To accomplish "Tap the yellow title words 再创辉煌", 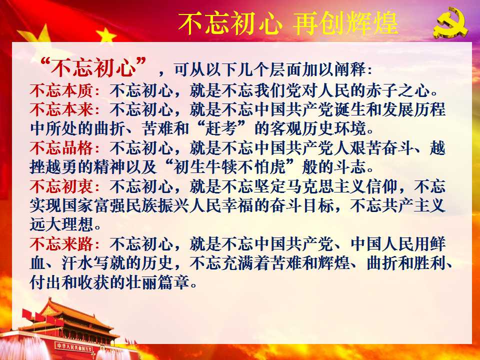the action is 345,23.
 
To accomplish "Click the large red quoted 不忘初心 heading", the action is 93,67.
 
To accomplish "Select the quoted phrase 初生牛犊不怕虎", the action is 229,167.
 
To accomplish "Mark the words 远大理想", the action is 61,224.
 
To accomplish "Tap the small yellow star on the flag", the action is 106,35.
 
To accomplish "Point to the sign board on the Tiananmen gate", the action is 74,347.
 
